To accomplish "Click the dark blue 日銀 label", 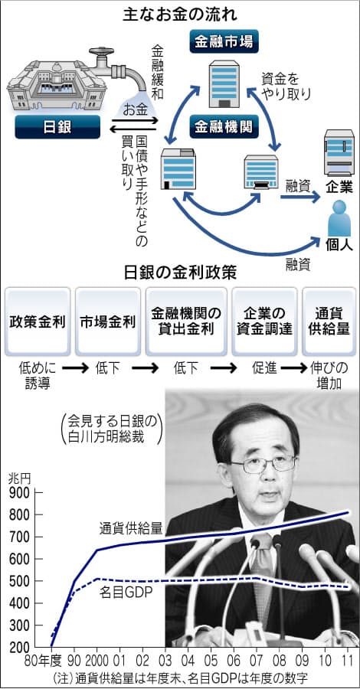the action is tap(57, 127).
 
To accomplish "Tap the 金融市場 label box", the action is tap(224, 42).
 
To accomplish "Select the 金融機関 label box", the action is tap(224, 127).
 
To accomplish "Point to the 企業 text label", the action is tap(339, 188).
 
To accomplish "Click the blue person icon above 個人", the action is tap(339, 218).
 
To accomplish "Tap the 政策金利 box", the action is tap(38, 322).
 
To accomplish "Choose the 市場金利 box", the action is tap(108, 322).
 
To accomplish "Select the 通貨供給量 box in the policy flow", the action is tap(329, 322).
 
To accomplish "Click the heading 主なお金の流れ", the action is tap(180, 15).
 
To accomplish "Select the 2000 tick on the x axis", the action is tap(97, 661).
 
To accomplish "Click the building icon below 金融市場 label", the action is tap(224, 83).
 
